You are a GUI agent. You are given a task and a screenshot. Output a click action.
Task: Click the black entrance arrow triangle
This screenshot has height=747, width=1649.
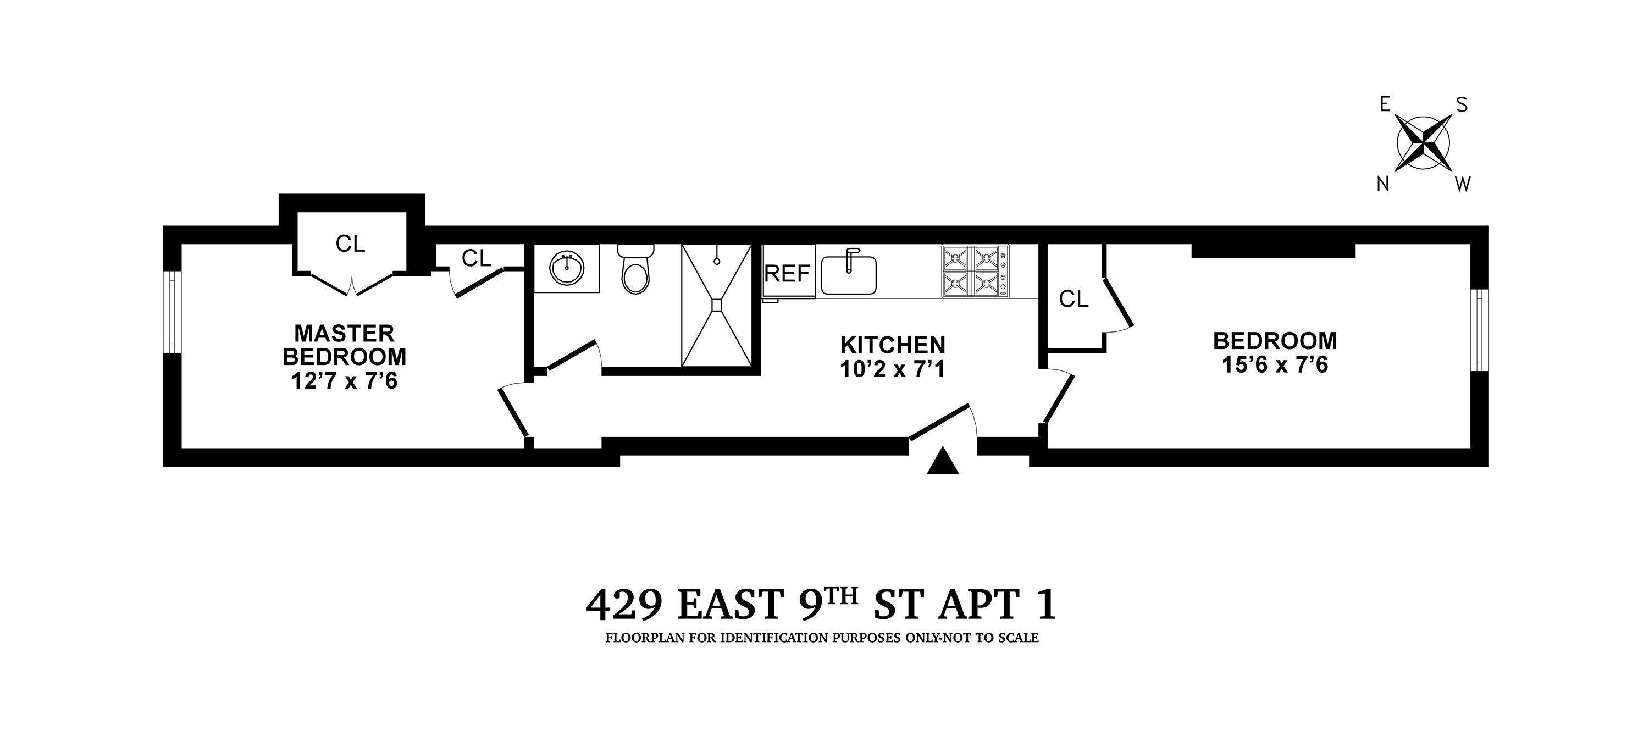point(943,462)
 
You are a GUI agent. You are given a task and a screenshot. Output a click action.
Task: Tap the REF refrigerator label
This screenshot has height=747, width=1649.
point(787,274)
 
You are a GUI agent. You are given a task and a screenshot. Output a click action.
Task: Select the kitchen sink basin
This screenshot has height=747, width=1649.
point(848,275)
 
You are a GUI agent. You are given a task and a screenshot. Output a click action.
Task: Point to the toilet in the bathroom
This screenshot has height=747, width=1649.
point(635,272)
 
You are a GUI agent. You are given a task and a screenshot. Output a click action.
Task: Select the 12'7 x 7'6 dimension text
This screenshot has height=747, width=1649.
point(345,381)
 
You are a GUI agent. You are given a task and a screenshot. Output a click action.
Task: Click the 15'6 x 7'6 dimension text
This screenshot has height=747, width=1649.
point(1275,365)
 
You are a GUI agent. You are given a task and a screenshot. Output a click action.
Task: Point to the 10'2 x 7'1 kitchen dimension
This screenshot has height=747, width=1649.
point(892,369)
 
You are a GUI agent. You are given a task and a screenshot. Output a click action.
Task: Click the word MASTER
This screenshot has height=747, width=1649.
point(345,334)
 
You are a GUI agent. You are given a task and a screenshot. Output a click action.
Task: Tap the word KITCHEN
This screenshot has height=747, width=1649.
point(892,346)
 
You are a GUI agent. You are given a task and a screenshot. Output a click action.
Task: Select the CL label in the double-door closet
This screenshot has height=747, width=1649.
point(350,244)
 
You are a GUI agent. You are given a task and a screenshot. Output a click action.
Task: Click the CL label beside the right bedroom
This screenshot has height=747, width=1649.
point(1073,299)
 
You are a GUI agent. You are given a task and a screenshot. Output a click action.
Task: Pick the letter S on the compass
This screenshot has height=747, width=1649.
point(1462,104)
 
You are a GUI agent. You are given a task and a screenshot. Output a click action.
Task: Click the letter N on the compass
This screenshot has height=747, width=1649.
point(1384,184)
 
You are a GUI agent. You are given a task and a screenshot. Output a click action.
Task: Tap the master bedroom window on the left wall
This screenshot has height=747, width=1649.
point(173,312)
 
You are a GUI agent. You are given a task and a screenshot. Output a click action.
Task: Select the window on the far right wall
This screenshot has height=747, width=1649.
point(1479,330)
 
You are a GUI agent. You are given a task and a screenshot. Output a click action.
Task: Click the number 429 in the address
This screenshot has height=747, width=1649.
point(623,605)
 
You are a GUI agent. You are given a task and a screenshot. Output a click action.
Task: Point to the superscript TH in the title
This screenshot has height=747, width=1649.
point(839,596)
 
